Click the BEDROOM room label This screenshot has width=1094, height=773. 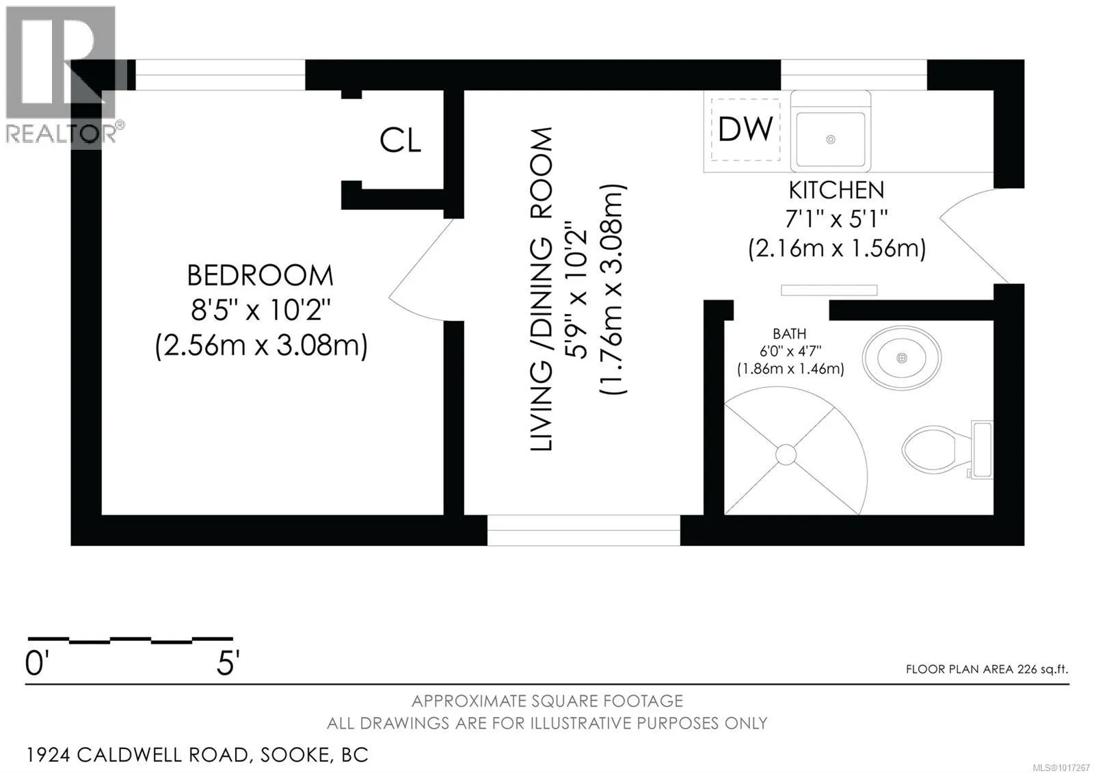click(x=261, y=275)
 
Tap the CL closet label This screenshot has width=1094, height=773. click(x=401, y=140)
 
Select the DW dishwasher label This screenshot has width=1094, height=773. click(x=745, y=129)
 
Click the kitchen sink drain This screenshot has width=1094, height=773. click(x=830, y=140)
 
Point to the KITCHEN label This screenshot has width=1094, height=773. click(x=837, y=190)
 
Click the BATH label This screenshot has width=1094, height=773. click(x=789, y=334)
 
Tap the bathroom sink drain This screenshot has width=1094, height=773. click(x=902, y=358)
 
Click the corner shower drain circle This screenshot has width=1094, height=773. click(x=786, y=455)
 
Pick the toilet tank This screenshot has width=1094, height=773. click(x=982, y=449)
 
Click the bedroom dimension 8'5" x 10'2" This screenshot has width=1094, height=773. click(x=261, y=310)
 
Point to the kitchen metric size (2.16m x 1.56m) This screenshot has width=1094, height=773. click(x=837, y=248)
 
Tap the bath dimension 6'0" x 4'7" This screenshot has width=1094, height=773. click(x=790, y=351)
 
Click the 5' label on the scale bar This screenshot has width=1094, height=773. click(x=228, y=663)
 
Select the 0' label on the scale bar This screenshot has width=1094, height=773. click(x=37, y=663)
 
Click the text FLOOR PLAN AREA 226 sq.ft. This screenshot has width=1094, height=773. click(x=987, y=669)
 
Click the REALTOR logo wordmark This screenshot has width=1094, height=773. click(x=62, y=134)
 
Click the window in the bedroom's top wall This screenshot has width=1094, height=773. click(x=220, y=75)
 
